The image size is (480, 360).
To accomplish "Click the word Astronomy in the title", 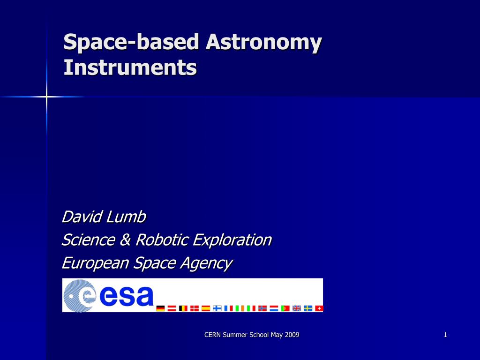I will pos(263,42).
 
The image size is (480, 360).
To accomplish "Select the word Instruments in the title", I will pos(130,67).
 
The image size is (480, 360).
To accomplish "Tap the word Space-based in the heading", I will pos(131,42).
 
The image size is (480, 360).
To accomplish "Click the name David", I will pos(82,217).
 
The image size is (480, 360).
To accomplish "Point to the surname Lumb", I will pos(126,217).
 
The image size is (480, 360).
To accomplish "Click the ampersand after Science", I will pos(125,240).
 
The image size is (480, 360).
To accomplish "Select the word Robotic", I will pos(162,240).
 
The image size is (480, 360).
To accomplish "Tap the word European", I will pos(95,263).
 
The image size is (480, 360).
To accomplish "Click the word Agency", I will pos(207,263).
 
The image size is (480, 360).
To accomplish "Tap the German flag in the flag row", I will pos(160,308).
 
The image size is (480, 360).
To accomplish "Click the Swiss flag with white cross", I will pos(319,308).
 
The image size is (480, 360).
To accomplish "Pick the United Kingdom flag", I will pos(297,308).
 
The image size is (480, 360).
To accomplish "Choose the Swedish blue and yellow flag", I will pos(308,308).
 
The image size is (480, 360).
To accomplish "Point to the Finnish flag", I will pos(217,308).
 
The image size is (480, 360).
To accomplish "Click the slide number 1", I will pos(445,335).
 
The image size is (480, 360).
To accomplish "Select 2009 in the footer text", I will pos(292,335).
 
